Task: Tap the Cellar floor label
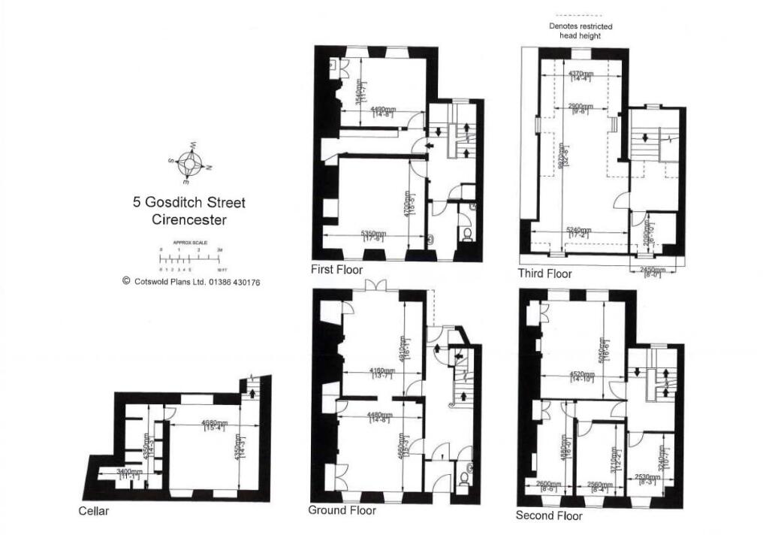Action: click(x=94, y=512)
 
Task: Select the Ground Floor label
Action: click(x=342, y=510)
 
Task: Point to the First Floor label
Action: click(x=336, y=270)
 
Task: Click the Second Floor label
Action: click(x=548, y=515)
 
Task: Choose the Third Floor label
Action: click(x=544, y=274)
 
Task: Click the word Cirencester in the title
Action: click(x=188, y=220)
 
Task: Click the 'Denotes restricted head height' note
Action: click(x=580, y=31)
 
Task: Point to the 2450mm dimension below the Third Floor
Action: click(x=648, y=270)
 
